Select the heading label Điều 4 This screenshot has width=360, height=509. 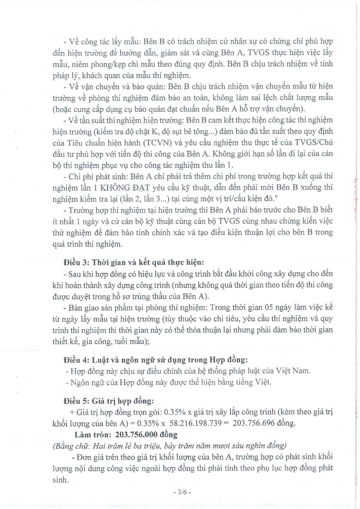pyautogui.click(x=75, y=359)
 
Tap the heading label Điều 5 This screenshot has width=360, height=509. pyautogui.click(x=75, y=401)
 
